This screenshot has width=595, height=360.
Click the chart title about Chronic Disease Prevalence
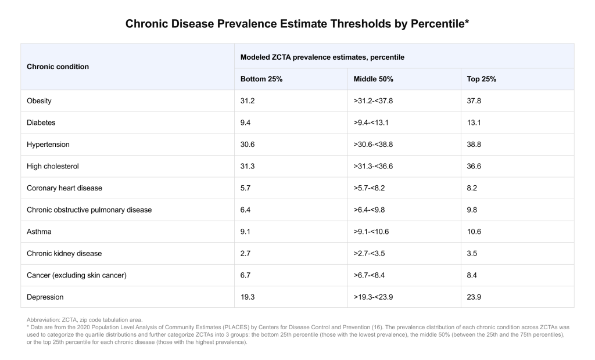(297, 25)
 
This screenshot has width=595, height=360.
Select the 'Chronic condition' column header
(58, 67)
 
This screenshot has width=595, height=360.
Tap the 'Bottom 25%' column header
(261, 79)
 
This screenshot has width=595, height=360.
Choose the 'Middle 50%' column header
(374, 79)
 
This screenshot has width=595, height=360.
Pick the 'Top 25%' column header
(482, 79)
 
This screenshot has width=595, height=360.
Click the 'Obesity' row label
(39, 101)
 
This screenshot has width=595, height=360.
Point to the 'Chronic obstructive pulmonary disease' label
(89, 210)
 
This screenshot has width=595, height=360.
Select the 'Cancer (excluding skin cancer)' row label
(76, 275)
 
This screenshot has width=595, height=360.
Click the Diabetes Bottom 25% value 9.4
(246, 123)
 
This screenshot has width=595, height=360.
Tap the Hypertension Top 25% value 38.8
(474, 145)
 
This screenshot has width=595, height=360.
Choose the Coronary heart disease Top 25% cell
(472, 188)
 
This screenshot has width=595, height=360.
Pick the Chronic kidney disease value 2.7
(246, 253)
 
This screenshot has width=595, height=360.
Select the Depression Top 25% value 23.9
(474, 297)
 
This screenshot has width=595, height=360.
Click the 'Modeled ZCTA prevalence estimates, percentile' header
(322, 57)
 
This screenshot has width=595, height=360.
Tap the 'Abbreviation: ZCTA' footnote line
(84, 320)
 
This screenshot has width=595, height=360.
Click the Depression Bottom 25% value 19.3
(248, 297)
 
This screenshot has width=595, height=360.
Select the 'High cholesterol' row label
(53, 166)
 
